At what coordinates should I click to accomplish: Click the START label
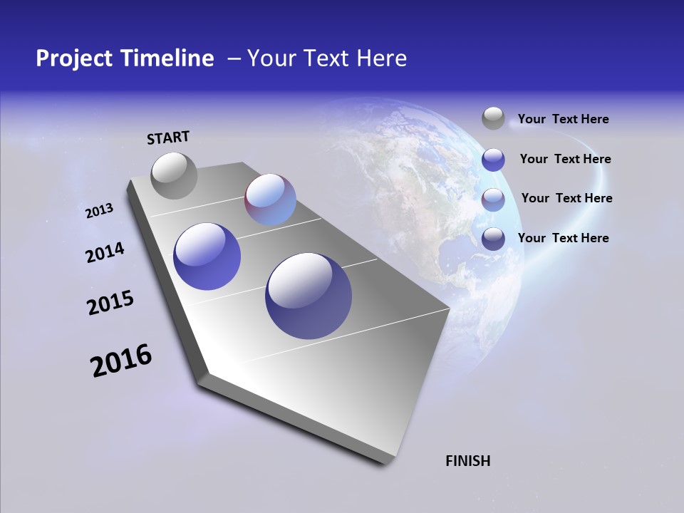168,138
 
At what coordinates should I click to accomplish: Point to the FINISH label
467,461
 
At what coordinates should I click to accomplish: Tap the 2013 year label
99,211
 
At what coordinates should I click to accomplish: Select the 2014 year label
105,253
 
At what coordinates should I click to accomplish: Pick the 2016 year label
121,361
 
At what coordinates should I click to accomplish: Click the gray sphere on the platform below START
175,175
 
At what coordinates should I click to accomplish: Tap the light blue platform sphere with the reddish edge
270,199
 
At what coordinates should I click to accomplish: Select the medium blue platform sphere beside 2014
207,256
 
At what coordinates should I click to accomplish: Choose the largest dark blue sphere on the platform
309,296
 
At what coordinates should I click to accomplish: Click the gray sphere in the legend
493,119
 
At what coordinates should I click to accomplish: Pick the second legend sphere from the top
493,160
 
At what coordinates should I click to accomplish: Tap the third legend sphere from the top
493,199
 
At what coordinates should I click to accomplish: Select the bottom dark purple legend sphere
493,239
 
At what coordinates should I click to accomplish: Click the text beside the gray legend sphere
563,120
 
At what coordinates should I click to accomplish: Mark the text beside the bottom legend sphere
563,238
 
